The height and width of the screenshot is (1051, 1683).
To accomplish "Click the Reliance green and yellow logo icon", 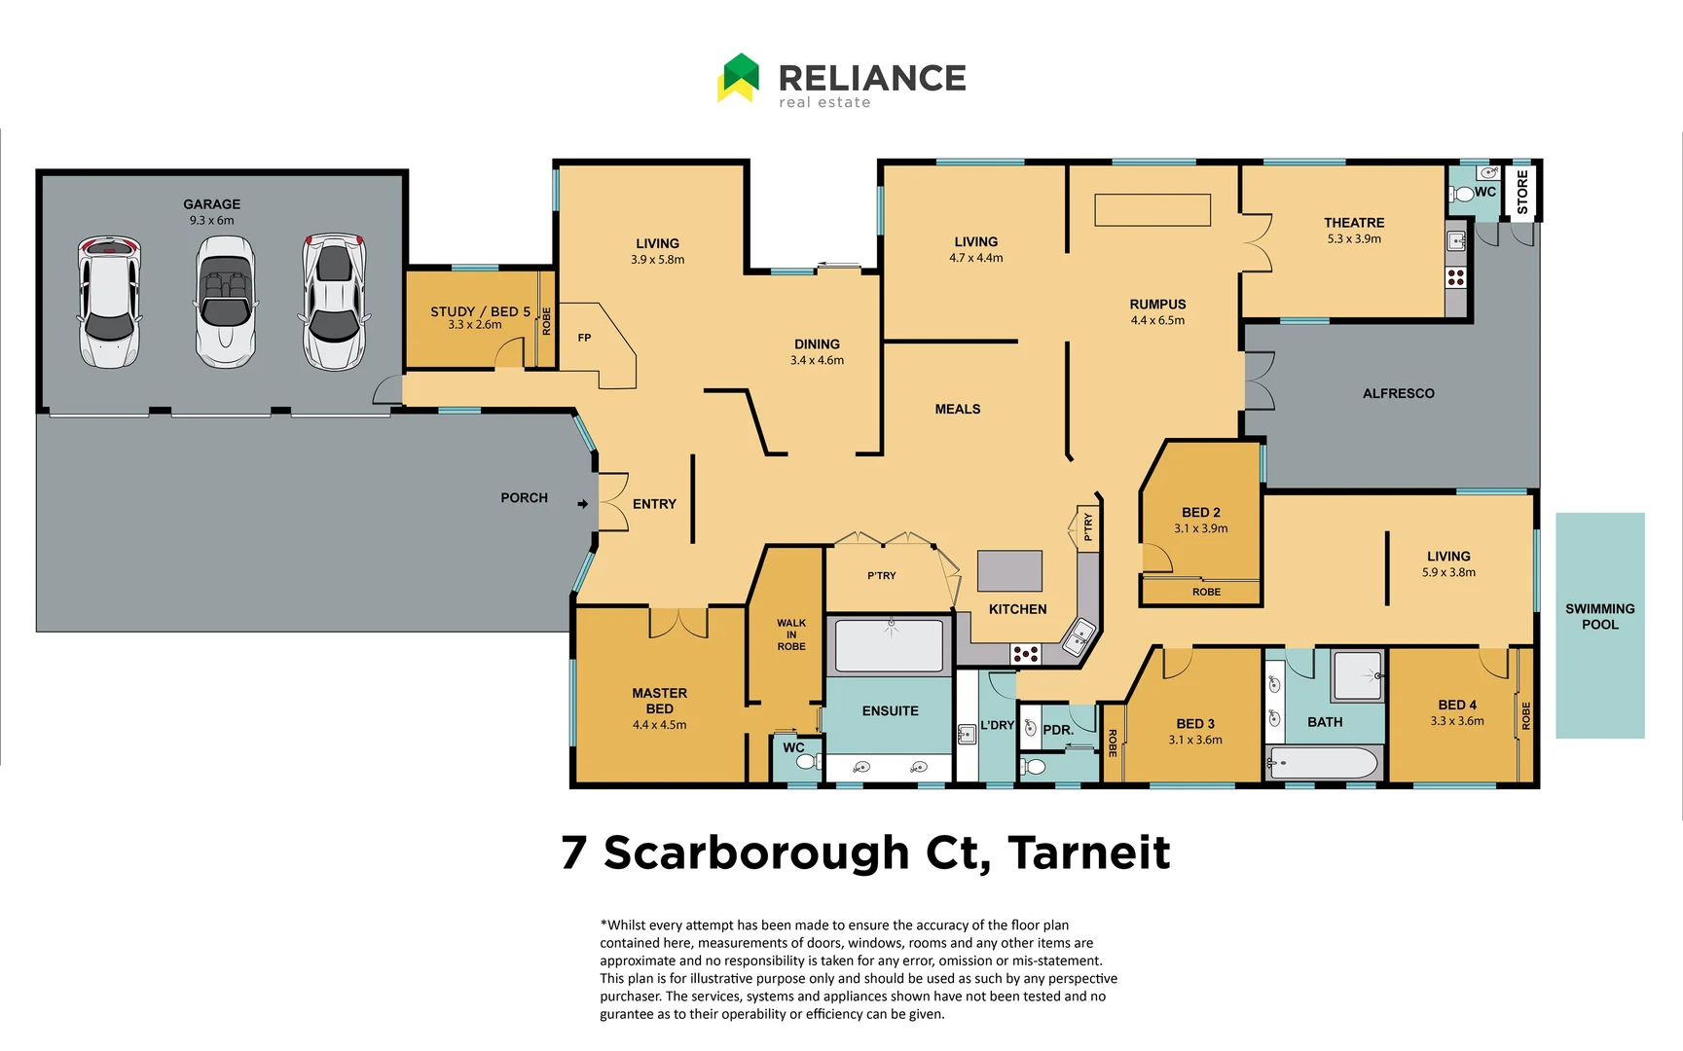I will coord(739,78).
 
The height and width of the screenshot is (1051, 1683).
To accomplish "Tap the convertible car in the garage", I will coord(225,302).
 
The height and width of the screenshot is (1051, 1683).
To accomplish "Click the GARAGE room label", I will coord(211,204).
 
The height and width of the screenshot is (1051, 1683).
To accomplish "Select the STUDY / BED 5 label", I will coord(480,311).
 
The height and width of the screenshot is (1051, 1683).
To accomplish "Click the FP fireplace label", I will coord(584,338).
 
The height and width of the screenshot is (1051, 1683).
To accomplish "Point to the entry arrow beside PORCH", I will coord(582,504).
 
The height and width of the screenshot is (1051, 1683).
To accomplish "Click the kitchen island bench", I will coord(1009,571).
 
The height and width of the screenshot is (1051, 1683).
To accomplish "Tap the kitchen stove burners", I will coord(1025,654).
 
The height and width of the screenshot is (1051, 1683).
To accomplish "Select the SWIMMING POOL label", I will coord(1599,616).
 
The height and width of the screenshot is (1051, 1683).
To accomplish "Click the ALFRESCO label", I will coord(1398,393).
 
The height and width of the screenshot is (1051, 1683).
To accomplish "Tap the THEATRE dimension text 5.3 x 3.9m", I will coord(1354,238).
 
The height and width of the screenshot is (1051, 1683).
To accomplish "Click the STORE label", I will coord(1522,192).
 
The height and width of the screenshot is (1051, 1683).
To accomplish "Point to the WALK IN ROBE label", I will coord(791,634).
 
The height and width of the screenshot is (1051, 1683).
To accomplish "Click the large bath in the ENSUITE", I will coord(890,644).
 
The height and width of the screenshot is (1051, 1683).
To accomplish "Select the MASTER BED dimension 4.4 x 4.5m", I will coord(659,725).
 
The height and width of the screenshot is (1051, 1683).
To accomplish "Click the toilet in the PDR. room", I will coord(1035,767).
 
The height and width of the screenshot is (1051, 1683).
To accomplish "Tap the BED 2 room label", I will coord(1200,512).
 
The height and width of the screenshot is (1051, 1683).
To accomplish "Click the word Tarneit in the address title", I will coord(1089,852).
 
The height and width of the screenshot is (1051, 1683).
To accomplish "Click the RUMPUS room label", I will coord(1157,305).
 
